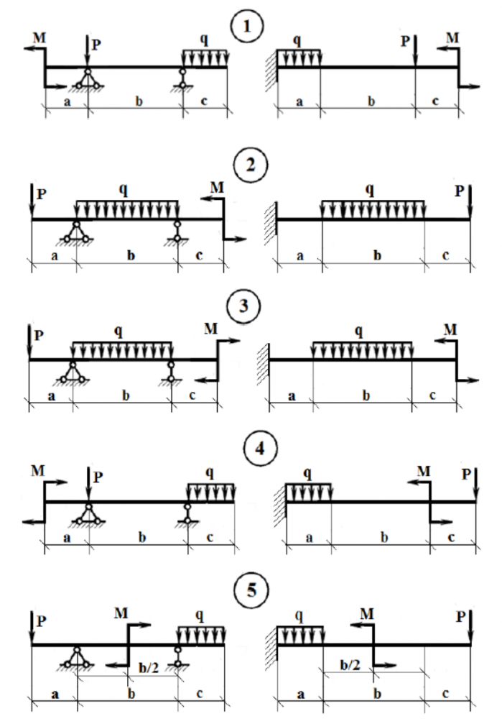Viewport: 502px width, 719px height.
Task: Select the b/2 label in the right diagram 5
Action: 352,665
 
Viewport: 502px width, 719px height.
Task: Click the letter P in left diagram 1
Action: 97,44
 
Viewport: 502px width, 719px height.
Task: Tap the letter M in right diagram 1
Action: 452,37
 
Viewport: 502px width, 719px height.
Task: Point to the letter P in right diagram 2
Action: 460,191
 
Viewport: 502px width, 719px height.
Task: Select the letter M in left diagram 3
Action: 210,329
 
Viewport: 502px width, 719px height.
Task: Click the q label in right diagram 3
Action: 359,331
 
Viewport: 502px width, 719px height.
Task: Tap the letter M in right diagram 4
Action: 424,471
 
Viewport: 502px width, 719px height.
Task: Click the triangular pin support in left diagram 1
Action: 88,80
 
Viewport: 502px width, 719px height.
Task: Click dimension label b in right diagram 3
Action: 365,395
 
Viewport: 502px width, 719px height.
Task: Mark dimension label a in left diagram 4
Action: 67,536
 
